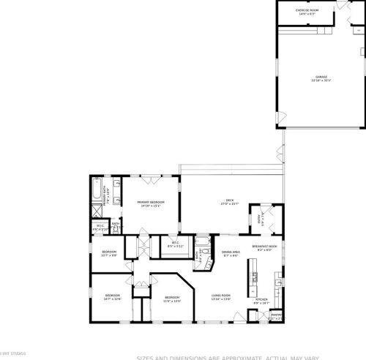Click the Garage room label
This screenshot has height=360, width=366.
(x=321, y=78)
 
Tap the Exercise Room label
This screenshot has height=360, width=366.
(x=305, y=12)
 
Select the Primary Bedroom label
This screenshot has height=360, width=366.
(x=151, y=205)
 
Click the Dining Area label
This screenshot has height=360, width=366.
(x=231, y=254)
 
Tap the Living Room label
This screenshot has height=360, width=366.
(x=221, y=297)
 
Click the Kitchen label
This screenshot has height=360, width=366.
(x=261, y=300)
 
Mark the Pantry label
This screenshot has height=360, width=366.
(x=276, y=317)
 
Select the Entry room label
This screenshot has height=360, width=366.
(x=260, y=217)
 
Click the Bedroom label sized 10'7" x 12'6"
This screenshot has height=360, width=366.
(x=111, y=297)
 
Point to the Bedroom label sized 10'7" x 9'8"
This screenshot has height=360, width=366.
(x=109, y=254)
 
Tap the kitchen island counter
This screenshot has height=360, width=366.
(x=253, y=276)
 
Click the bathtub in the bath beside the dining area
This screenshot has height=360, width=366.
(x=201, y=245)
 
